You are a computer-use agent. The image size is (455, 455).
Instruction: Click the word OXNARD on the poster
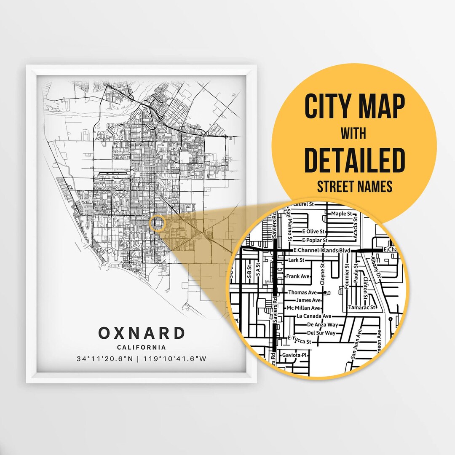(142, 333)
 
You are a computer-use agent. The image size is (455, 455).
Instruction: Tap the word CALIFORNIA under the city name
(142, 348)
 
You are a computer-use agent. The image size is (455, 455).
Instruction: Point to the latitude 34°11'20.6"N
(106, 359)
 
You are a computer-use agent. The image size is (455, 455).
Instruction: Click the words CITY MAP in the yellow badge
(354, 107)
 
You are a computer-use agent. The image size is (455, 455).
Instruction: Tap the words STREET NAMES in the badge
(354, 187)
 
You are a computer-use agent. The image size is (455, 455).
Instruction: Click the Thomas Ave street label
(302, 292)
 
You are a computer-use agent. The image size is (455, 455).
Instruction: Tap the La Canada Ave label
(314, 316)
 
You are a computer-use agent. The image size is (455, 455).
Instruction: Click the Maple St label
(341, 214)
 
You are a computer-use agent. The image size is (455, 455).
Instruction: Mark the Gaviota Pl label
(295, 355)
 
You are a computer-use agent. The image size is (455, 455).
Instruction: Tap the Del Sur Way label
(321, 333)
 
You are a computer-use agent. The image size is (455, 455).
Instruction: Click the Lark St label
(296, 260)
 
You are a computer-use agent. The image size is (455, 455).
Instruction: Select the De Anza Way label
(323, 324)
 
